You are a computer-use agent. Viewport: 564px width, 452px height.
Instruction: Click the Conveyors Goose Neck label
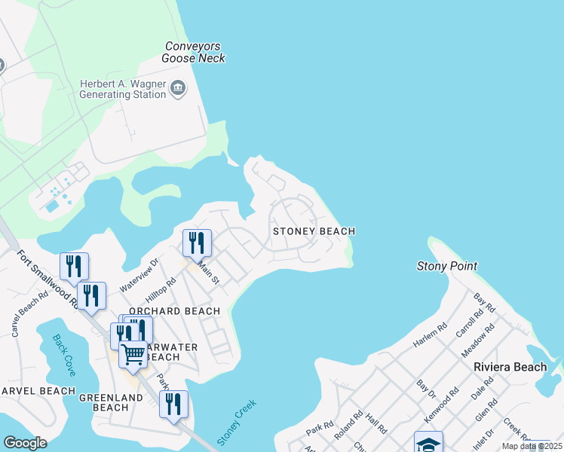(195, 52)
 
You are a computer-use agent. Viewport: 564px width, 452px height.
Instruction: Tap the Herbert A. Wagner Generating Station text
(122, 89)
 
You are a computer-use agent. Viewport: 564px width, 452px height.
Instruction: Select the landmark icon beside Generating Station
(179, 90)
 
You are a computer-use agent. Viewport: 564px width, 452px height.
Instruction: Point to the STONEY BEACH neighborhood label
(314, 231)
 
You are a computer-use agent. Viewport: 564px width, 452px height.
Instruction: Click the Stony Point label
(447, 266)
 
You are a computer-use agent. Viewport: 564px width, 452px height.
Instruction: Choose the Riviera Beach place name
(510, 367)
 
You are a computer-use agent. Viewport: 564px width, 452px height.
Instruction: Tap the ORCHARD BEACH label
(174, 311)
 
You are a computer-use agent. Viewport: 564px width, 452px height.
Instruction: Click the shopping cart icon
(133, 353)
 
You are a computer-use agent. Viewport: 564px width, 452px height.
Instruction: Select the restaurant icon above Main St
(197, 243)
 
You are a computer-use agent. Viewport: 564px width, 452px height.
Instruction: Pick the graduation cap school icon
(428, 443)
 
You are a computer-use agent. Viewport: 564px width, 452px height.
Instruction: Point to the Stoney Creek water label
(237, 422)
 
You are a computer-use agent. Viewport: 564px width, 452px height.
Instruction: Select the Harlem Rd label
(431, 335)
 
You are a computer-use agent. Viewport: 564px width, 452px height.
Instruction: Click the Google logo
(25, 443)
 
